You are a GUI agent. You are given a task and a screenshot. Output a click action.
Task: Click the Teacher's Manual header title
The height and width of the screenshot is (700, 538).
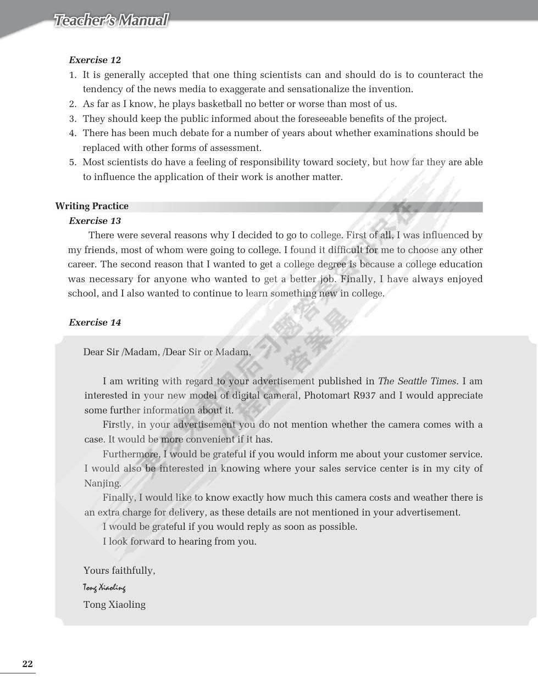110,21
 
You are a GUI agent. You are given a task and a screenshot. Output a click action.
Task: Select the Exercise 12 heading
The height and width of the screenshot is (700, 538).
95,60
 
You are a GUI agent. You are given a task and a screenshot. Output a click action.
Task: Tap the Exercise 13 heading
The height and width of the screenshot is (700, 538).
95,221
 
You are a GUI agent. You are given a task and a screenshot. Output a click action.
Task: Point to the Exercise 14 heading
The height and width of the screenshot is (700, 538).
95,322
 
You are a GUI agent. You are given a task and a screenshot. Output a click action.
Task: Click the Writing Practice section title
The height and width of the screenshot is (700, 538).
92,206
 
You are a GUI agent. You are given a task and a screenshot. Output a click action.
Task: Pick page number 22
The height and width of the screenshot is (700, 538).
27,664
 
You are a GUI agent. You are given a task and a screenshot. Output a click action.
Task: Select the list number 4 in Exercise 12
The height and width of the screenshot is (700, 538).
73,133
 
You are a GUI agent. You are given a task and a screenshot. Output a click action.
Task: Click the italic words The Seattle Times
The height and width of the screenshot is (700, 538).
418,381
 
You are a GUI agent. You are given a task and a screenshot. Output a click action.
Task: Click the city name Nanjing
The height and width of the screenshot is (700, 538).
102,483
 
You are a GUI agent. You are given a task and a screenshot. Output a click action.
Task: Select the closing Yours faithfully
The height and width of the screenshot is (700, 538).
119,570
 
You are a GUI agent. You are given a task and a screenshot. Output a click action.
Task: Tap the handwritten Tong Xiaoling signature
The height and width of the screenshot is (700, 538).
104,587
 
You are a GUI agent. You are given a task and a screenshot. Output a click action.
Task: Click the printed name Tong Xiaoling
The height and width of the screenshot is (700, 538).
114,604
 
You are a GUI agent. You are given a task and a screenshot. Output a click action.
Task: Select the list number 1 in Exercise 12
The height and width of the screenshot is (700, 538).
73,75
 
